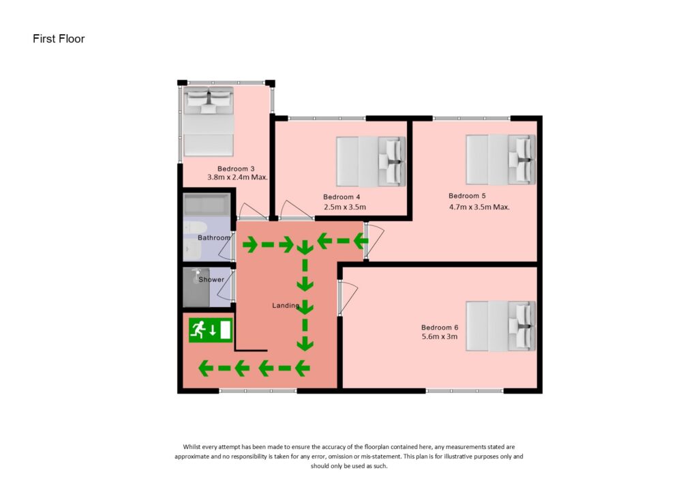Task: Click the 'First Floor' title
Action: pos(59,39)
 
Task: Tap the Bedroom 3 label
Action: pos(236,169)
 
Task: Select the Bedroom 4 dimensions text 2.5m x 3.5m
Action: pos(344,207)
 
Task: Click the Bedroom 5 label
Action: pos(467,197)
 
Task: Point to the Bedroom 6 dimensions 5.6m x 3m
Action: pos(439,336)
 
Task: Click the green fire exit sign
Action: pos(211,330)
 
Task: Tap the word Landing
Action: pos(285,306)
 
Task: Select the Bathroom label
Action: pos(214,238)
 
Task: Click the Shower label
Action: pos(211,280)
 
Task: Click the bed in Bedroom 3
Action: pos(208,120)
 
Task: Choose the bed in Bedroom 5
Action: pos(501,159)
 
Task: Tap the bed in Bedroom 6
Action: pos(501,326)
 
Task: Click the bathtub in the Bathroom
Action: pos(207,204)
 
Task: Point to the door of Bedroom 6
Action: pos(348,297)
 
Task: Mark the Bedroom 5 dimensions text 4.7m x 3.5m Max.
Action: pos(479,207)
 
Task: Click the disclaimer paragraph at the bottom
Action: pos(349,456)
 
